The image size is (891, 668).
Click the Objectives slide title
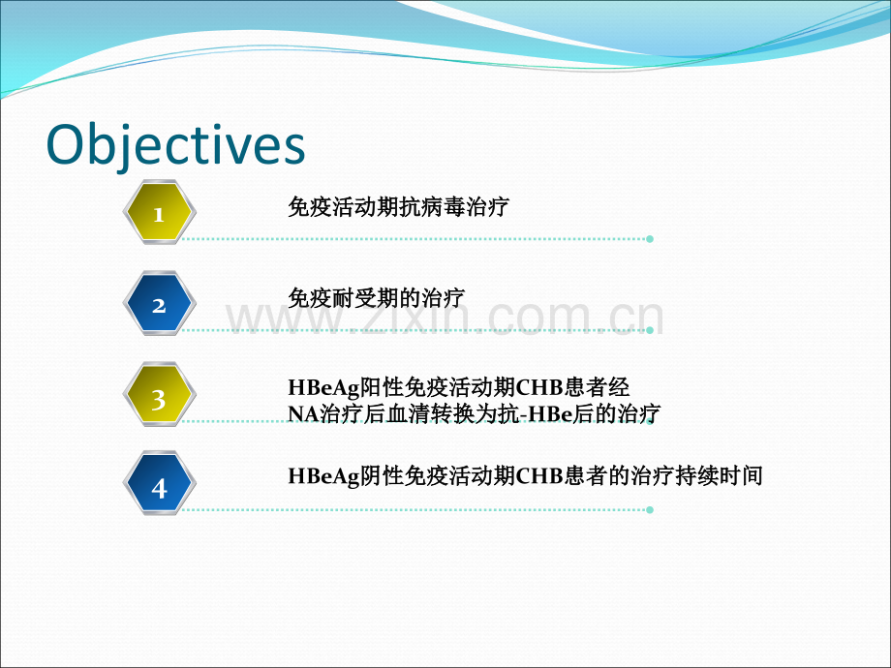pyautogui.click(x=175, y=145)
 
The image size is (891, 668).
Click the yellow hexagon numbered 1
pyautogui.click(x=160, y=212)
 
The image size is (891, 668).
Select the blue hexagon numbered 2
pyautogui.click(x=160, y=303)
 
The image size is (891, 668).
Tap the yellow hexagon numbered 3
pyautogui.click(x=160, y=394)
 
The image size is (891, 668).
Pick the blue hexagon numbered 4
pyautogui.click(x=160, y=483)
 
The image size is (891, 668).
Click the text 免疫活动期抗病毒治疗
pyautogui.click(x=398, y=207)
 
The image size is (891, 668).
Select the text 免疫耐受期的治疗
pyautogui.click(x=376, y=297)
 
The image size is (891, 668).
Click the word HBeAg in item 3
pyautogui.click(x=323, y=388)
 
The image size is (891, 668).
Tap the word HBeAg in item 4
pyautogui.click(x=323, y=476)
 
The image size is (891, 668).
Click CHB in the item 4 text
pyautogui.click(x=539, y=476)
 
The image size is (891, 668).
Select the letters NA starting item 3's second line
pyautogui.click(x=303, y=413)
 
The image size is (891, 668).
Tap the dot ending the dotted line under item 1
pyautogui.click(x=650, y=239)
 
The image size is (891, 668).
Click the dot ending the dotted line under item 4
pyautogui.click(x=650, y=510)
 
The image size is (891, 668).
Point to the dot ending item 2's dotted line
pyautogui.click(x=650, y=330)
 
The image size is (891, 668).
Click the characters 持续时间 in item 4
pyautogui.click(x=719, y=476)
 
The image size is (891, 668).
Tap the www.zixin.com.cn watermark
pyautogui.click(x=445, y=317)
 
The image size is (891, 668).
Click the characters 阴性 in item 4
pyautogui.click(x=382, y=476)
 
